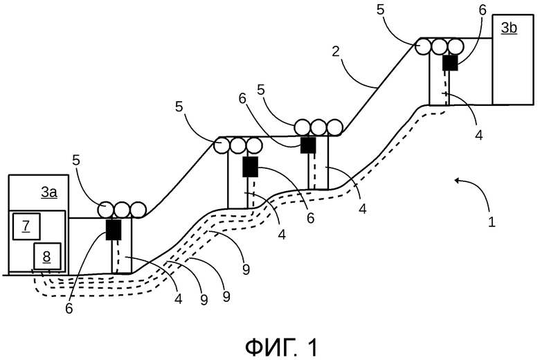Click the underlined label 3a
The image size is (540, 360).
point(48,192)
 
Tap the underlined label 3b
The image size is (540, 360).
point(509,28)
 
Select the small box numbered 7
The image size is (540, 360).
point(26,225)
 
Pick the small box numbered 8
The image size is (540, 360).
point(47,256)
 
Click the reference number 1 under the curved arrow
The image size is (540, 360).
point(492,224)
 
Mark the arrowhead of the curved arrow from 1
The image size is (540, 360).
point(455,181)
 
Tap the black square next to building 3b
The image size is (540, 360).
point(451,63)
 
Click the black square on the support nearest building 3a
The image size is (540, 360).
point(114,229)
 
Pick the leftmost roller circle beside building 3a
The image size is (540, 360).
point(106,209)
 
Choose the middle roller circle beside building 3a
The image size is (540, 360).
point(122,209)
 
